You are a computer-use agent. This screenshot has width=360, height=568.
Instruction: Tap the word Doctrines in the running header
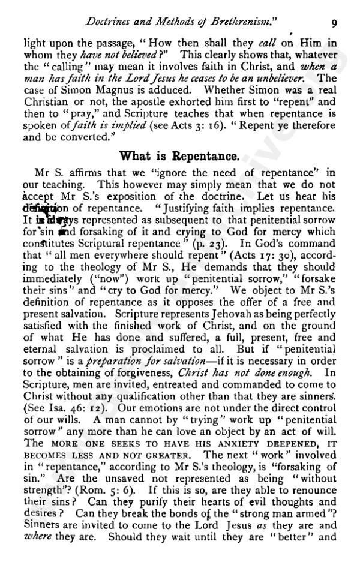point(110,22)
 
